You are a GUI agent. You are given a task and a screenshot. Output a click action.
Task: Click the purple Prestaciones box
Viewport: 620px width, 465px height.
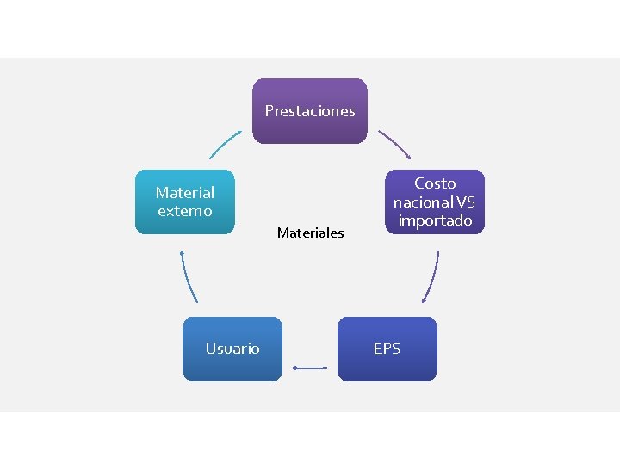coord(310,110)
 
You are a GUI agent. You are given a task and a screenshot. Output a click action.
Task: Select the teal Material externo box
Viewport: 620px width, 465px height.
coord(184,201)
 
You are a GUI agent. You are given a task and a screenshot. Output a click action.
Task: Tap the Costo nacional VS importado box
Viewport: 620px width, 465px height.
coord(435,201)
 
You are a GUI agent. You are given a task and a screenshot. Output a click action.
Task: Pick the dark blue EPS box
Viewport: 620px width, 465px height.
coord(387,349)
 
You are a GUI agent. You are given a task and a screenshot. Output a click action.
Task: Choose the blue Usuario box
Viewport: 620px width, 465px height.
coord(232,349)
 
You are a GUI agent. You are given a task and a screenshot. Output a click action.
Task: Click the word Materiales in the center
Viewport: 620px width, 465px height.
coord(310,232)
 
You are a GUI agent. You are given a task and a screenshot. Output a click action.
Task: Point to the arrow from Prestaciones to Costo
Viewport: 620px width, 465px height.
coord(395,145)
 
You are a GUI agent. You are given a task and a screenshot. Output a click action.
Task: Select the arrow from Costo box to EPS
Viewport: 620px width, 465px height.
coord(431,277)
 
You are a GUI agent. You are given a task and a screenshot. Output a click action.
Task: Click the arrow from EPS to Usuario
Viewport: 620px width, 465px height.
coord(310,369)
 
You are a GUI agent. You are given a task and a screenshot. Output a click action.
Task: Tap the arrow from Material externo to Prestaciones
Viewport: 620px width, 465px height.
coord(226,144)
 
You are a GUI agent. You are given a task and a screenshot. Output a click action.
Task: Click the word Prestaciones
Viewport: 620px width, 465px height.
coord(310,110)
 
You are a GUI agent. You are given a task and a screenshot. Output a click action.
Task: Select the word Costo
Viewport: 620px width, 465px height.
coord(435,183)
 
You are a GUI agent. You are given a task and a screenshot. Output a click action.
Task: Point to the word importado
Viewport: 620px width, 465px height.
coord(435,220)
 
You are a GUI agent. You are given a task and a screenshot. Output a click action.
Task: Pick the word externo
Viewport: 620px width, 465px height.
coord(184,211)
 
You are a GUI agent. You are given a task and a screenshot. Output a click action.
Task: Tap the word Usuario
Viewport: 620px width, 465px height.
coord(232,349)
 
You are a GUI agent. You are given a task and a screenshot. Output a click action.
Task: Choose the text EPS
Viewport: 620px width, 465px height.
coord(387,349)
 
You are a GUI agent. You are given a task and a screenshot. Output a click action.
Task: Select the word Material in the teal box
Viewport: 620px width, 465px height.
coord(184,193)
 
